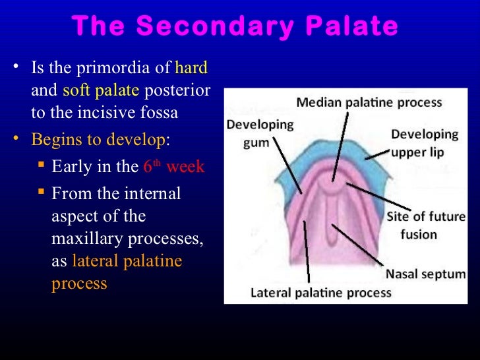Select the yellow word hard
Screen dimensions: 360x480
191,67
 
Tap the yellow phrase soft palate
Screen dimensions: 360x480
100,90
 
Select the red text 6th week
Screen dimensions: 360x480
173,167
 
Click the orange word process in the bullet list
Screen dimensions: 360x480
79,284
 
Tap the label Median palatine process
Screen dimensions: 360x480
369,103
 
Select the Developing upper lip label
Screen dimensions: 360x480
424,143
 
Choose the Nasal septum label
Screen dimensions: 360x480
425,274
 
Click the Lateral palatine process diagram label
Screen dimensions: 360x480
320,292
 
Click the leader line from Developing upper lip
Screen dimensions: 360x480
376,154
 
